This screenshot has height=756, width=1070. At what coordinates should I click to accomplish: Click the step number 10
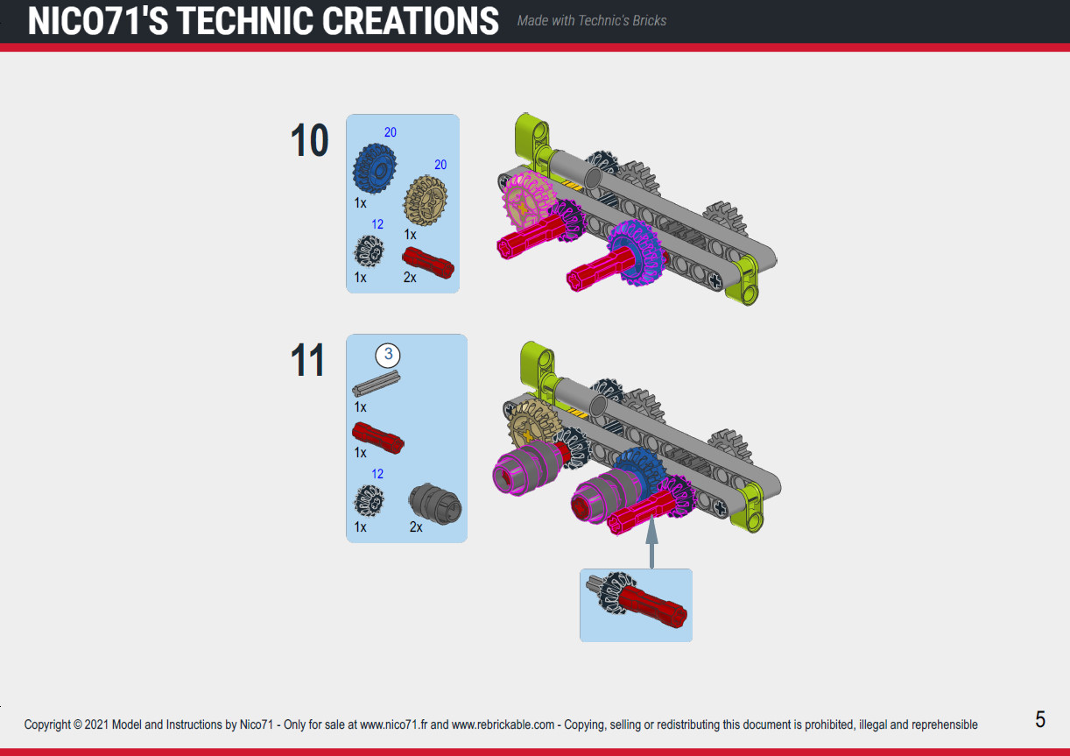[309, 140]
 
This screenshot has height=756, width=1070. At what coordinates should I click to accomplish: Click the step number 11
[307, 360]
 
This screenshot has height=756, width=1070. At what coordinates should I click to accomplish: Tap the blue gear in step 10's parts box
[375, 168]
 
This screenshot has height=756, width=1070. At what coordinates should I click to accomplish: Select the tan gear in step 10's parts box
[426, 201]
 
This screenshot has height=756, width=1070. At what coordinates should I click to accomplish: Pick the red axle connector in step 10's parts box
[428, 262]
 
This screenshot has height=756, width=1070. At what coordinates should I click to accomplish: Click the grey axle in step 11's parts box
[376, 385]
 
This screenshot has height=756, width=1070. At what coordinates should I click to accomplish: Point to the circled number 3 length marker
[388, 355]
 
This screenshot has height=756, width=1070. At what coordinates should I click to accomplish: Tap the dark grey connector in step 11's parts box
[434, 504]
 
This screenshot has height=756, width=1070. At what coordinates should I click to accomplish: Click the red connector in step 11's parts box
[378, 438]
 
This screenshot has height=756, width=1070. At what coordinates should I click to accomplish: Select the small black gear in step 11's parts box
[369, 501]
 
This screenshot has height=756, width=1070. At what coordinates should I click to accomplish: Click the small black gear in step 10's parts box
[369, 251]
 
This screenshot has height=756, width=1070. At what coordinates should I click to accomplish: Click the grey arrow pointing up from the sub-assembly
[651, 542]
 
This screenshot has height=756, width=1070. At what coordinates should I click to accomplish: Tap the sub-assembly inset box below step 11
[636, 605]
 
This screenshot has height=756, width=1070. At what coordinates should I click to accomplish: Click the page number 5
[1040, 719]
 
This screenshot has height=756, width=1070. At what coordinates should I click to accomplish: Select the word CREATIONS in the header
[411, 22]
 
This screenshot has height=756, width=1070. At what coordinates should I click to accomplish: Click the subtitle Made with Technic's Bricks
[591, 20]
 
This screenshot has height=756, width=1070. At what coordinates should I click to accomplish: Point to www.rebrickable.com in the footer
[503, 724]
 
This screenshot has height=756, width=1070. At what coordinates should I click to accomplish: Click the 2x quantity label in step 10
[410, 277]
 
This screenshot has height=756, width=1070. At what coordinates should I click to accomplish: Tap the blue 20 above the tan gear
[440, 165]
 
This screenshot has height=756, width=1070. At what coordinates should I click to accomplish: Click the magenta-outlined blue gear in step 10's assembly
[637, 251]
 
